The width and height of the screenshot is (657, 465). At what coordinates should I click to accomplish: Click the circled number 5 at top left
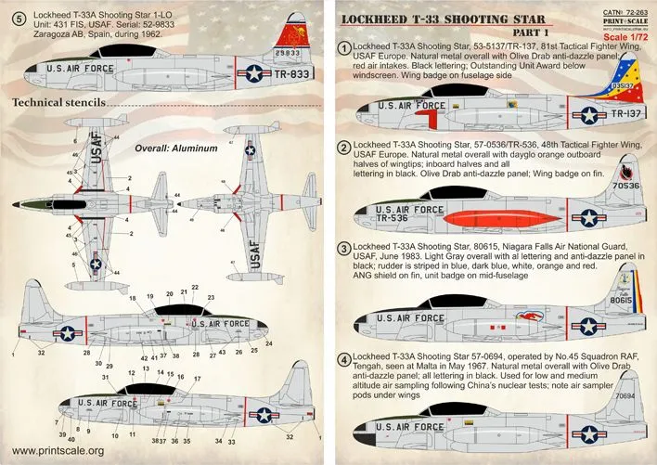pyautogui.click(x=15, y=15)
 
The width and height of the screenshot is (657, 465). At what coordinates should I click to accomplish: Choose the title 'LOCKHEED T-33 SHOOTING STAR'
pyautogui.click(x=449, y=16)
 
